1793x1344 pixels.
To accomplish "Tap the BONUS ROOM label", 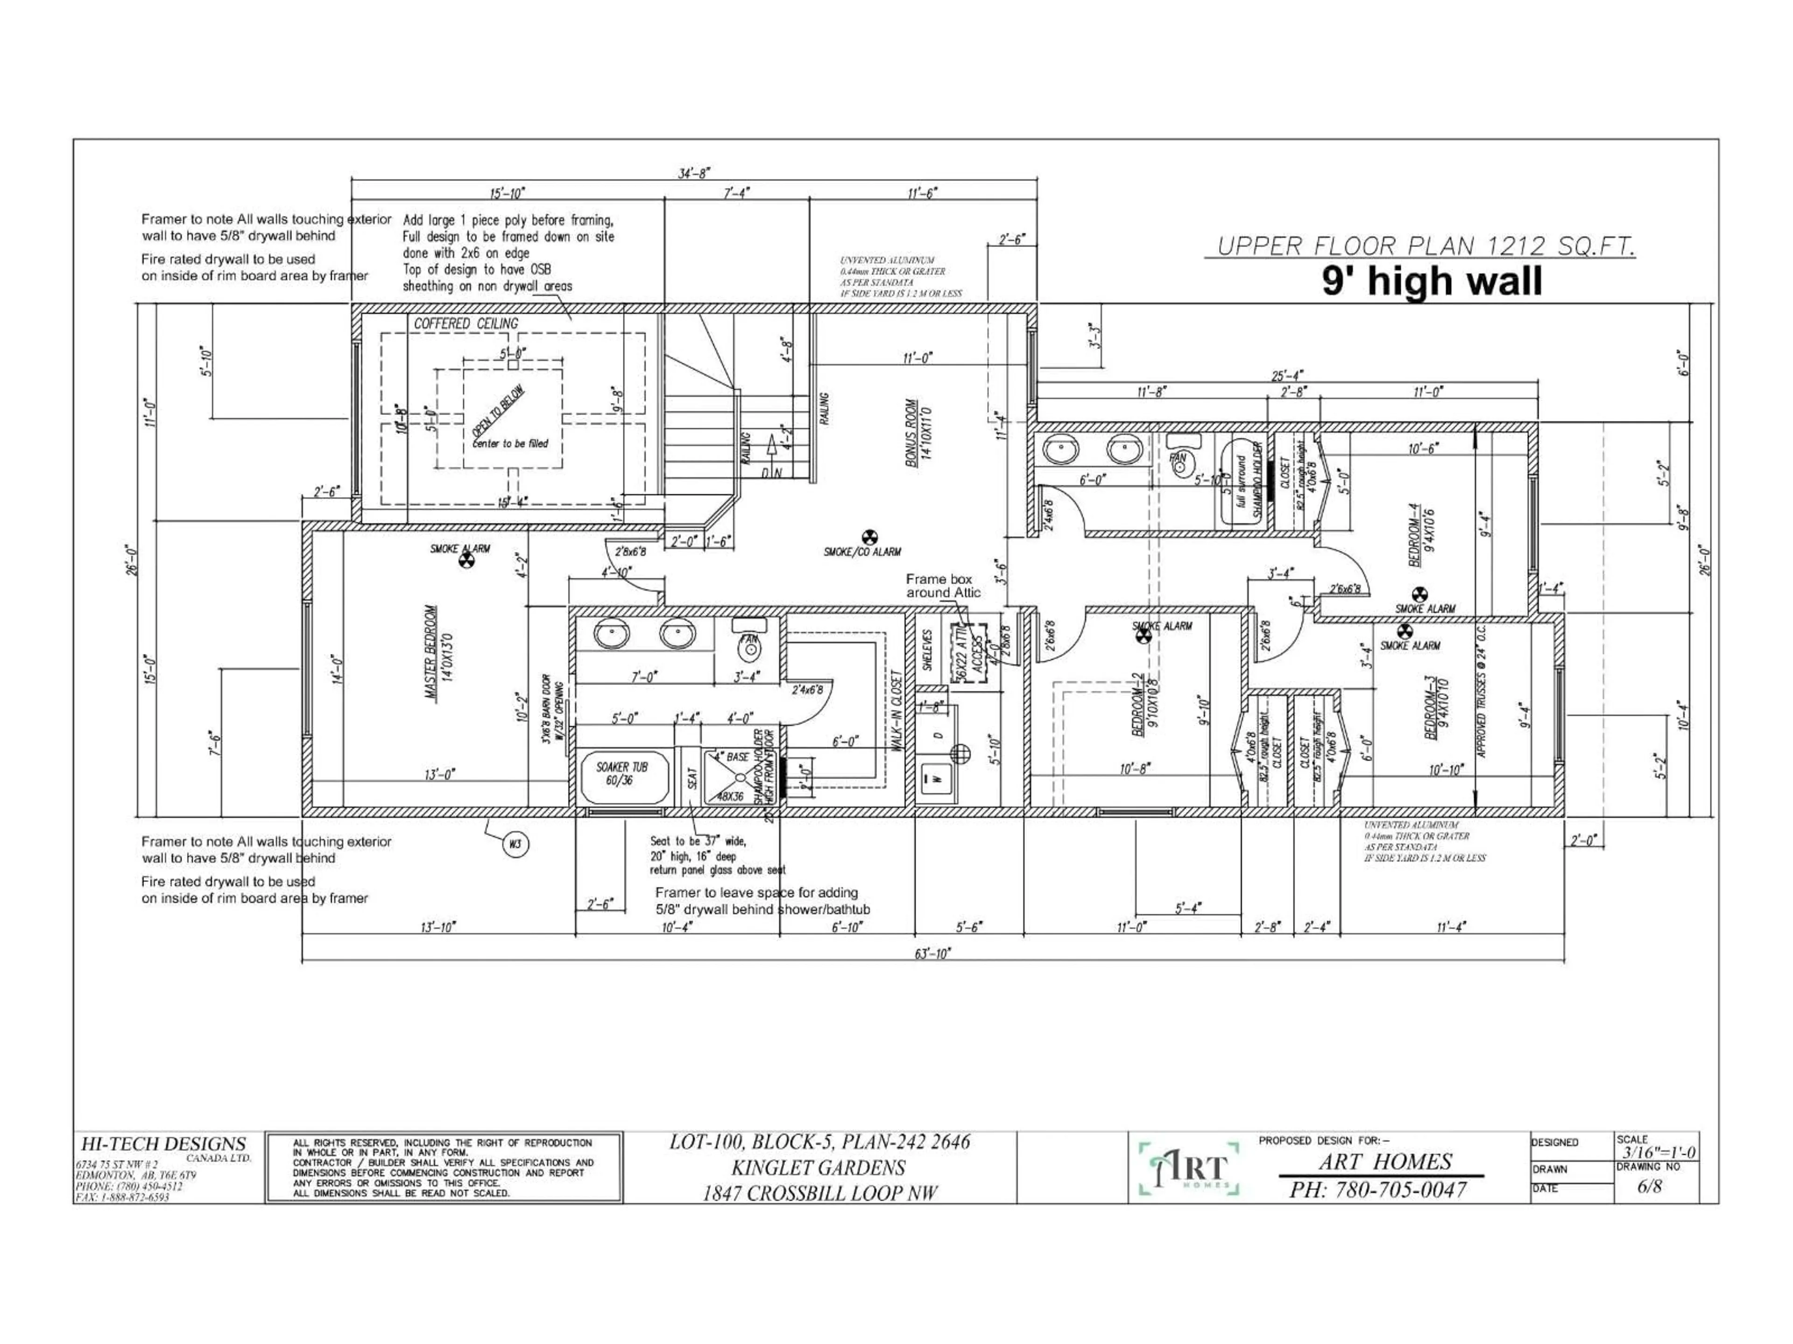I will coord(912,434).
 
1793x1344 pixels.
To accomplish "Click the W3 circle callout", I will coord(515,845).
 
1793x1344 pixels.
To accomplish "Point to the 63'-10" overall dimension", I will coord(933,954).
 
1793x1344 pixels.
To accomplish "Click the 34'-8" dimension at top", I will coord(694,174).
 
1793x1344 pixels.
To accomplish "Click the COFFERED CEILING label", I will coord(466,324).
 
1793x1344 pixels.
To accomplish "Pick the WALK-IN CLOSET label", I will coord(896,710).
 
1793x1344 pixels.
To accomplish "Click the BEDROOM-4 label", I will coord(1414,535).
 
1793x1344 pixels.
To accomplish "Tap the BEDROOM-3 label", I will coord(1431,708).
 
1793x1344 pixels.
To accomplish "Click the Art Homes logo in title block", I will coord(1189,1168).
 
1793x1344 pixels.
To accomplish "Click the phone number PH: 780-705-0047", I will coord(1378,1189).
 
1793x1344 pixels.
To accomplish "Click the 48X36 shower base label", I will coord(731,796).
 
